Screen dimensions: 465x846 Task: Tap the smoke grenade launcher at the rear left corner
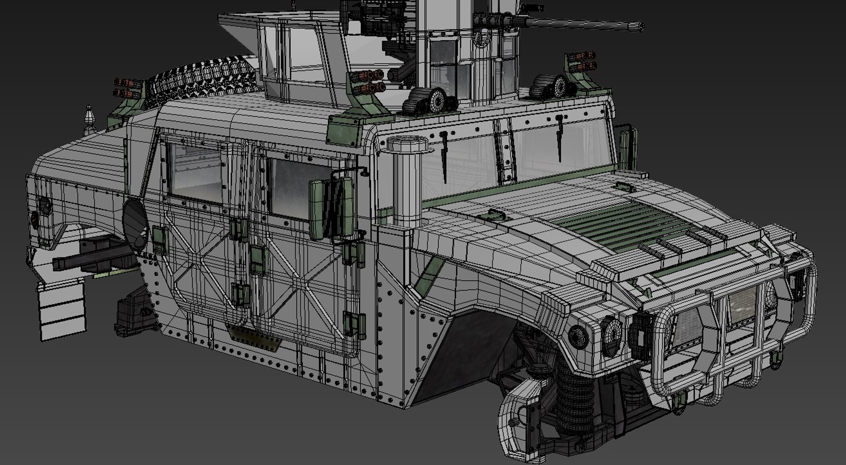[x=128, y=88]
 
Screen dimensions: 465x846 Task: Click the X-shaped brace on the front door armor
[x=300, y=278]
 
